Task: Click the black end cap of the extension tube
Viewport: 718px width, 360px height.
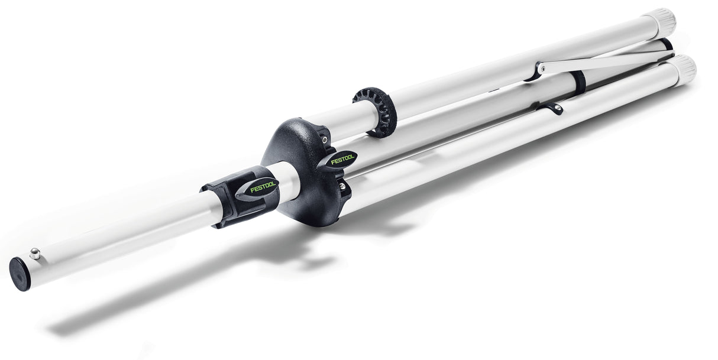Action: pos(20,274)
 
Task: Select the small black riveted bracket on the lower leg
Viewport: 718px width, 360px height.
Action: pos(554,108)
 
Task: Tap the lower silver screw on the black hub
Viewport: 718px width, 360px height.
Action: pos(341,186)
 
